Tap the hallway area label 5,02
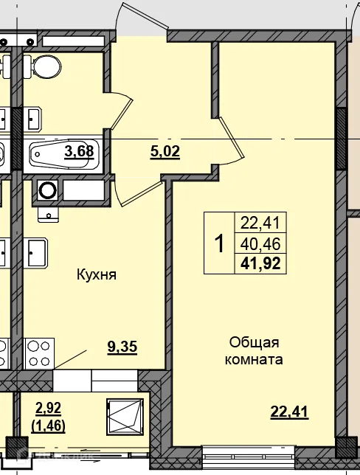(165, 152)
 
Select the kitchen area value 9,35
(122, 346)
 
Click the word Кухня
(97, 275)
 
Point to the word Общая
(254, 342)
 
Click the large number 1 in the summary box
(218, 243)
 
